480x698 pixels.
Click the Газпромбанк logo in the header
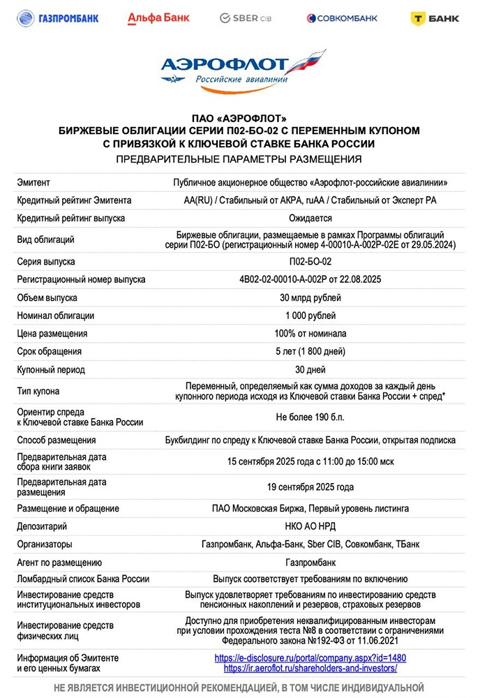point(58,18)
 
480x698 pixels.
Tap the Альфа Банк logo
point(158,18)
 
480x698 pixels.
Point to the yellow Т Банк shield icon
point(419,18)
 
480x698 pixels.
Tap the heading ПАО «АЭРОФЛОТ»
point(239,118)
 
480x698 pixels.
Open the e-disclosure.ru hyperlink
point(310,658)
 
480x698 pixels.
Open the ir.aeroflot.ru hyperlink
point(310,668)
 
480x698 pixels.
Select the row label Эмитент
point(33,183)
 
